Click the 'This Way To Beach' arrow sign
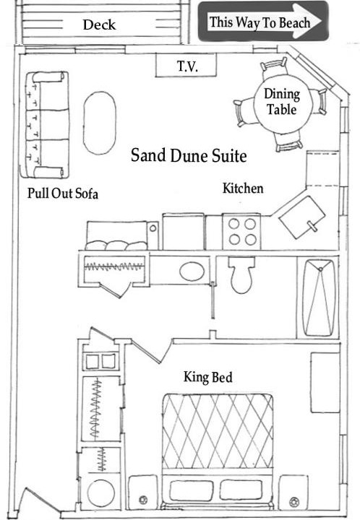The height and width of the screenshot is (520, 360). point(263,22)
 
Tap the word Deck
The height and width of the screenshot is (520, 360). point(99,25)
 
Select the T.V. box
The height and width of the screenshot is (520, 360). point(186,65)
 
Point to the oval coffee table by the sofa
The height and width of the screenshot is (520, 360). point(100,123)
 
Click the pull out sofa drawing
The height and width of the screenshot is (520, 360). point(44,125)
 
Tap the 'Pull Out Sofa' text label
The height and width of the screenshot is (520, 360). point(63,193)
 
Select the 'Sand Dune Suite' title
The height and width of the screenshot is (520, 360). point(189,155)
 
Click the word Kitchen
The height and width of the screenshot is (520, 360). point(243,188)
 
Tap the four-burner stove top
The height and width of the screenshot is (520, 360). point(242,231)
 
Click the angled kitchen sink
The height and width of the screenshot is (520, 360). point(301,217)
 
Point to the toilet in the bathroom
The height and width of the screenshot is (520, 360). point(241,274)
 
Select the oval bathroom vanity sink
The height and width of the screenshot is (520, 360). point(192,272)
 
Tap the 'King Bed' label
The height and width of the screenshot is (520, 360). point(208,377)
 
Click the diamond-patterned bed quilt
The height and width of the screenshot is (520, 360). point(218,431)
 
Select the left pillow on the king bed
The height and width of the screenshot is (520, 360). point(191,490)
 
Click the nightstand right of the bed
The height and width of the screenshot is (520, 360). point(293,493)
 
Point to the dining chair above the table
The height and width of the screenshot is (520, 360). point(274,68)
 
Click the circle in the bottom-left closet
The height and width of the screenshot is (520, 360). point(100,493)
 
